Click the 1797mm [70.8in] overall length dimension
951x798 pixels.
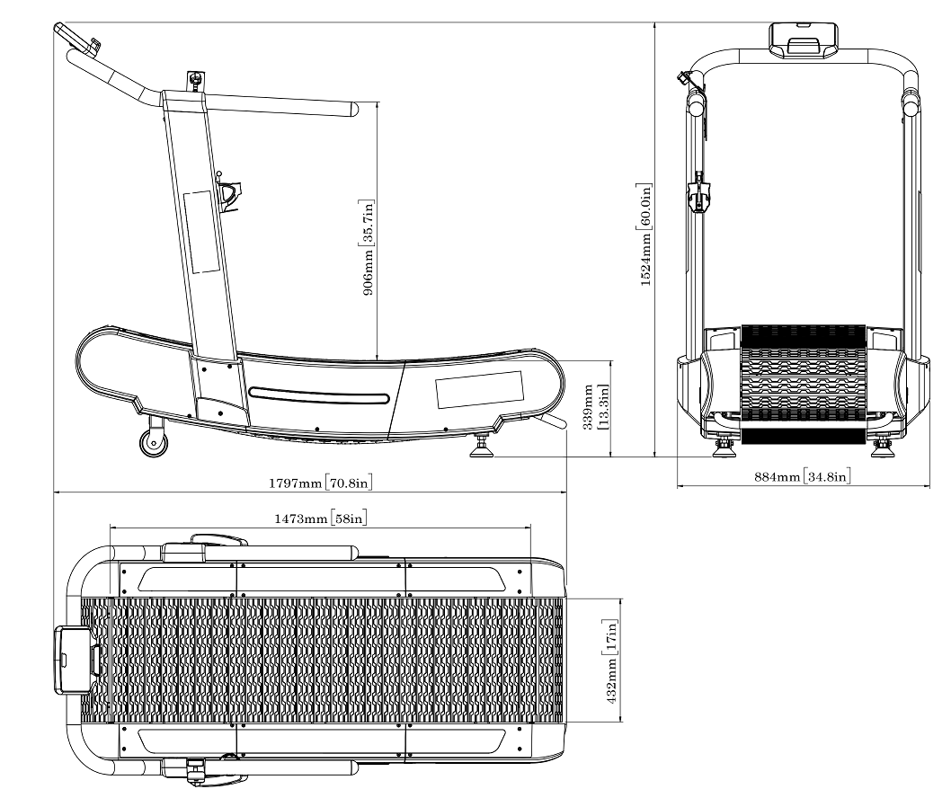click(x=320, y=483)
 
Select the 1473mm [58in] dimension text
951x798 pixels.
click(x=320, y=519)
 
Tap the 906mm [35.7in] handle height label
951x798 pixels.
click(x=368, y=247)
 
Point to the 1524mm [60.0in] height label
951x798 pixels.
click(x=646, y=234)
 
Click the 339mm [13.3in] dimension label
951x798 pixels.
click(x=595, y=407)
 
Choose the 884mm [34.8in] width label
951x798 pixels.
click(x=802, y=476)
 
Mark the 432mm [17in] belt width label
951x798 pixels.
click(x=610, y=661)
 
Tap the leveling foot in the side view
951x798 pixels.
click(x=483, y=447)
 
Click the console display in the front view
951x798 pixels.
click(x=803, y=40)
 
